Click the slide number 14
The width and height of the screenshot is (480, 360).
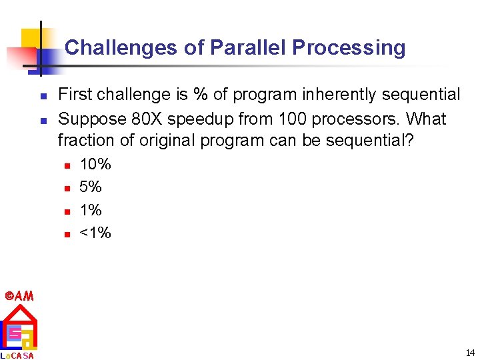470,352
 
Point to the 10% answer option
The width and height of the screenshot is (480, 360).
95,164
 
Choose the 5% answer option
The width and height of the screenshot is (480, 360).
91,187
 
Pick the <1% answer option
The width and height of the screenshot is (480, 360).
95,233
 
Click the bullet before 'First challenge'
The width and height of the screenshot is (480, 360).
41,97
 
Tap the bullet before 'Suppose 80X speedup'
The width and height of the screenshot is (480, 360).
41,121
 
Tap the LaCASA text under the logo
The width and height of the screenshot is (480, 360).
18,355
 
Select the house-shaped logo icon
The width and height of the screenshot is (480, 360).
19,327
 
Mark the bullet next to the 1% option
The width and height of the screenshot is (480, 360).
67,211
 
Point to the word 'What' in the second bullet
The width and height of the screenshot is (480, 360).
426,119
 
